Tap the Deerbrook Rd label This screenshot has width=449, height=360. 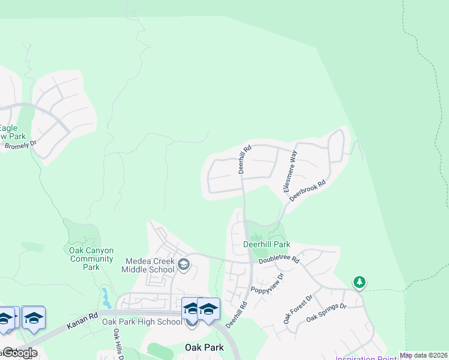307,190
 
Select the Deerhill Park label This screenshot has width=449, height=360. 267,245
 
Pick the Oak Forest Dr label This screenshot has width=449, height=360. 298,309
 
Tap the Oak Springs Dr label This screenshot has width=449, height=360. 327,313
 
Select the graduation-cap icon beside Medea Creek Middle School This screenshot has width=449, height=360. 184,263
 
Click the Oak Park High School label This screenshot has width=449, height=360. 142,322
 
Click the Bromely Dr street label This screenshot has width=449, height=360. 20,145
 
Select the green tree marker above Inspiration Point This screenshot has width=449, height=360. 359,282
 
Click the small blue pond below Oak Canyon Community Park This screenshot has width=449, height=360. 106,296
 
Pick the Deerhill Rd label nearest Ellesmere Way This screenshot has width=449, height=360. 245,159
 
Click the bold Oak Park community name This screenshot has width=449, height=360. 204,347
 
